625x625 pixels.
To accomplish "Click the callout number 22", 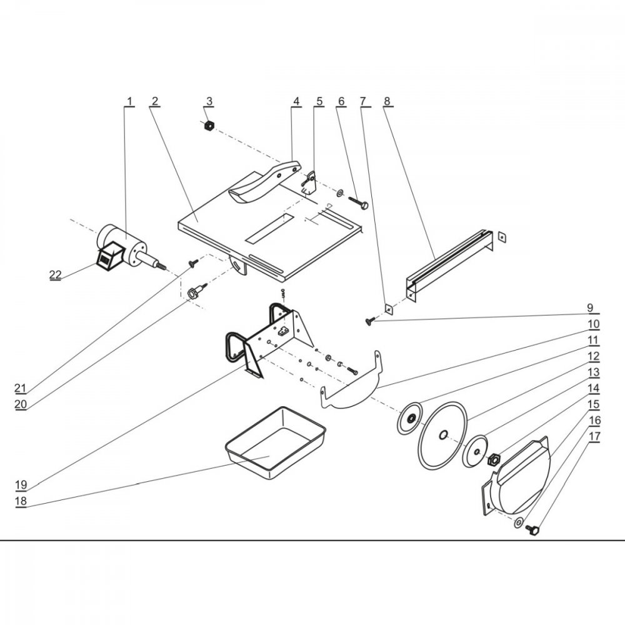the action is [x=56, y=274].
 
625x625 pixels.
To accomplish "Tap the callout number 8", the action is [x=387, y=101].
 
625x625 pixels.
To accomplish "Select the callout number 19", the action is [x=21, y=485].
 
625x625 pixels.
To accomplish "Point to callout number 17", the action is [x=594, y=436].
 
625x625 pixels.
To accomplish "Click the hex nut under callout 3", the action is [x=208, y=126].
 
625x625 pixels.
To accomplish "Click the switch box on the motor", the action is [x=109, y=256].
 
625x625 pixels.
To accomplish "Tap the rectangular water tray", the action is [x=276, y=442].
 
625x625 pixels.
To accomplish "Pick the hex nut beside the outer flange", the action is [x=494, y=459].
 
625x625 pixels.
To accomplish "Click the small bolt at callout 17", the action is [x=533, y=530].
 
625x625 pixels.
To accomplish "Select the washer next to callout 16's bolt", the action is [x=519, y=522].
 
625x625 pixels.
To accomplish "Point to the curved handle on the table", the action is [x=264, y=183].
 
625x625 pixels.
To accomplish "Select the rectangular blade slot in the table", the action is [x=269, y=229].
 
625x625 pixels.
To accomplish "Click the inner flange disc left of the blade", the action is [x=409, y=418].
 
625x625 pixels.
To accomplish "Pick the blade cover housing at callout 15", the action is [x=517, y=476].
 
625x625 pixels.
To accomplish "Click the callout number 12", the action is [x=594, y=356].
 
